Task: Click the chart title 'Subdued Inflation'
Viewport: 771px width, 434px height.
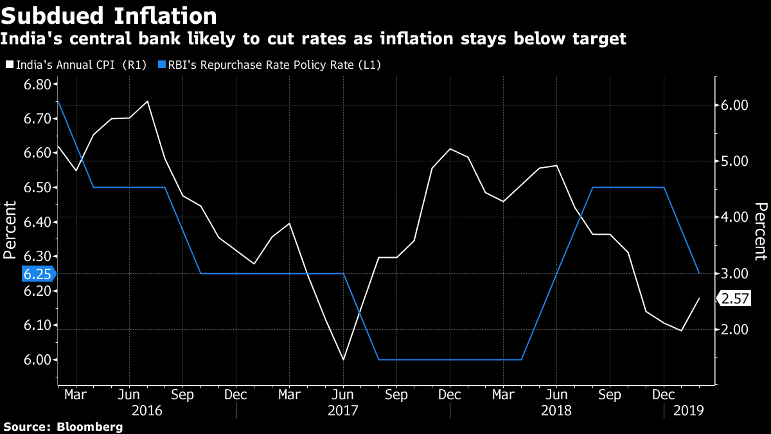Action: (x=109, y=15)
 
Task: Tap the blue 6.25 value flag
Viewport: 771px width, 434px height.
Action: (x=37, y=274)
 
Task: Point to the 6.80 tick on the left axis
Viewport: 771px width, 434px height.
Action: (x=37, y=85)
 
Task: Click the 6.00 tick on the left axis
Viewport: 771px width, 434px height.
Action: (x=37, y=360)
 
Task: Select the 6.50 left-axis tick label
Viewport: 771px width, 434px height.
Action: (x=37, y=188)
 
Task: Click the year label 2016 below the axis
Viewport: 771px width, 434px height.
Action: (x=147, y=410)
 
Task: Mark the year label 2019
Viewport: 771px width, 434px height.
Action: (x=687, y=410)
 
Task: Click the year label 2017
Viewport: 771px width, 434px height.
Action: (x=342, y=410)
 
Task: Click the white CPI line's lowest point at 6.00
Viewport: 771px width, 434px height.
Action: (x=343, y=359)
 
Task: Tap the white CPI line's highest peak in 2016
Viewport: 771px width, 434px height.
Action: (x=148, y=102)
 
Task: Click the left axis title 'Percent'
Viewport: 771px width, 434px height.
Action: (x=10, y=230)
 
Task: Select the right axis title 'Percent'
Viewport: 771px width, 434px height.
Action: (x=761, y=231)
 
